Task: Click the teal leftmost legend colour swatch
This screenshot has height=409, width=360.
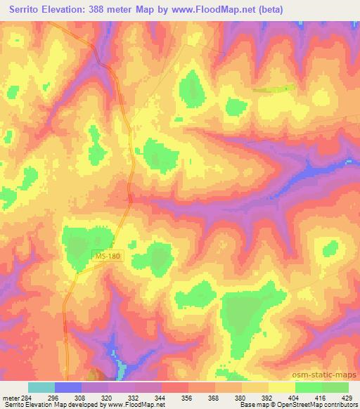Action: [x=41, y=387]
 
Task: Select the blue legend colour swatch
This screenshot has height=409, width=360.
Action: [x=68, y=387]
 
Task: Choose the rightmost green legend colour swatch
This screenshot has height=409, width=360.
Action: [x=335, y=387]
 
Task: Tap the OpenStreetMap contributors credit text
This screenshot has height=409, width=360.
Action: [x=324, y=405]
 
